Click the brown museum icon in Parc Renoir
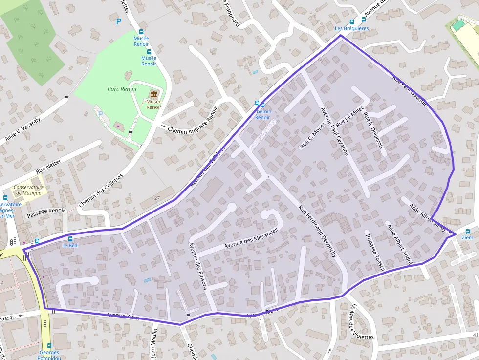153,94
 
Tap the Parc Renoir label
122,89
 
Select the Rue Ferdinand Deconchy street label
318,231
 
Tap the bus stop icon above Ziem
468,231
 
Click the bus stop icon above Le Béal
70,239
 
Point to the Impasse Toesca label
375,251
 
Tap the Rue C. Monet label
313,135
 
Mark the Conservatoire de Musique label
28,190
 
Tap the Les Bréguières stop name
351,28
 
